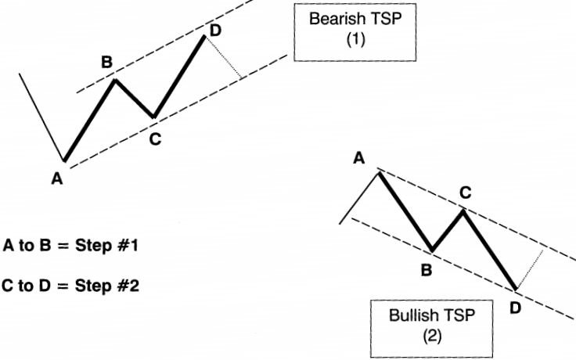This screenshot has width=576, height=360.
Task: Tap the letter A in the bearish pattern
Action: coord(56,179)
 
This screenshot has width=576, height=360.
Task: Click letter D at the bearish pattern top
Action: coord(215,31)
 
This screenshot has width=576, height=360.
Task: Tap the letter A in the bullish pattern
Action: coord(359,159)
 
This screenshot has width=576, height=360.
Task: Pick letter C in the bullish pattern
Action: coord(465,192)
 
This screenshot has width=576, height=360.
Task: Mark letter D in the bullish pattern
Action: coord(514,308)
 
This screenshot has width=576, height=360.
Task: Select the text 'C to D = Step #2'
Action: coord(71,286)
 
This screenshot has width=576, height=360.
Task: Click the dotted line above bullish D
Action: coord(531,269)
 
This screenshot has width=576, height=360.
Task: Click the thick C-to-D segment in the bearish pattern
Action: coord(179,77)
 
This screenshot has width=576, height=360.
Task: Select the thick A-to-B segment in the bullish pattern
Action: coord(405,211)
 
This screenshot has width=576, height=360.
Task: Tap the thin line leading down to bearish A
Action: coord(41,117)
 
